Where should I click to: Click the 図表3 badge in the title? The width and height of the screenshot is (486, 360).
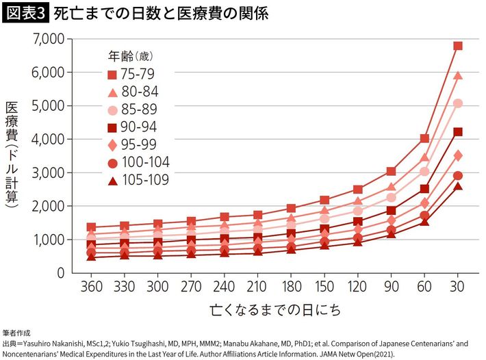tap(25, 13)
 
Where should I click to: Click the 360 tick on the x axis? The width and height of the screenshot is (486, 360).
tap(91, 285)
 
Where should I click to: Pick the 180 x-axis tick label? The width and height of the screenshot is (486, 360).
tap(291, 285)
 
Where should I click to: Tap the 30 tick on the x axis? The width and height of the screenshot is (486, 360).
tap(458, 285)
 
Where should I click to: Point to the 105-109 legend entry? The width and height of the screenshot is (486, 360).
tap(138, 180)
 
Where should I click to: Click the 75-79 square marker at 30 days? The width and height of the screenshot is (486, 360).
tap(458, 46)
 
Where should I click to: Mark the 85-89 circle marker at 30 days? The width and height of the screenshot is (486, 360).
tap(458, 103)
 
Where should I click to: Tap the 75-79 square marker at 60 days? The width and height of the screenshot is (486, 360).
tap(424, 138)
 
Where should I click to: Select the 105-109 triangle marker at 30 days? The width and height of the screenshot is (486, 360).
tap(458, 186)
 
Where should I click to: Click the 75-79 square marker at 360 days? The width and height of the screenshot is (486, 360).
tap(91, 227)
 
